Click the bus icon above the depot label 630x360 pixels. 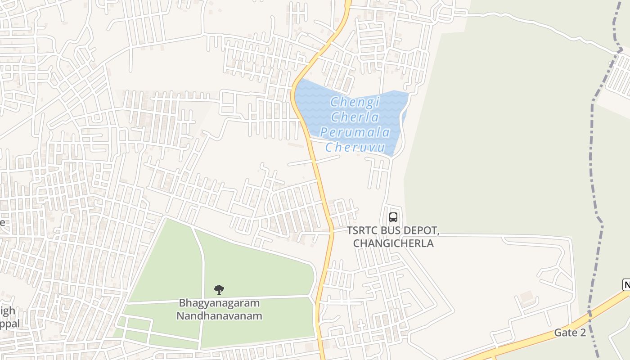(x=393, y=217)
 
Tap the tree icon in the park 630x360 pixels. (x=219, y=289)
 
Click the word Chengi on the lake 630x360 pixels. (x=355, y=102)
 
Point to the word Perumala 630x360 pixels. (x=355, y=132)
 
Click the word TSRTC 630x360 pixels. (x=361, y=231)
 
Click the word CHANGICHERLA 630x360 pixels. (x=393, y=243)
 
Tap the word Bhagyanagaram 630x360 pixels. (x=219, y=303)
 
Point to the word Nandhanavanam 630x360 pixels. (x=219, y=316)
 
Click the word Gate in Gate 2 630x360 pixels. (x=564, y=333)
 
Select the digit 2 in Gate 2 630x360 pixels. (x=582, y=333)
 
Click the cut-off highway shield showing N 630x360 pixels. (x=626, y=284)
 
